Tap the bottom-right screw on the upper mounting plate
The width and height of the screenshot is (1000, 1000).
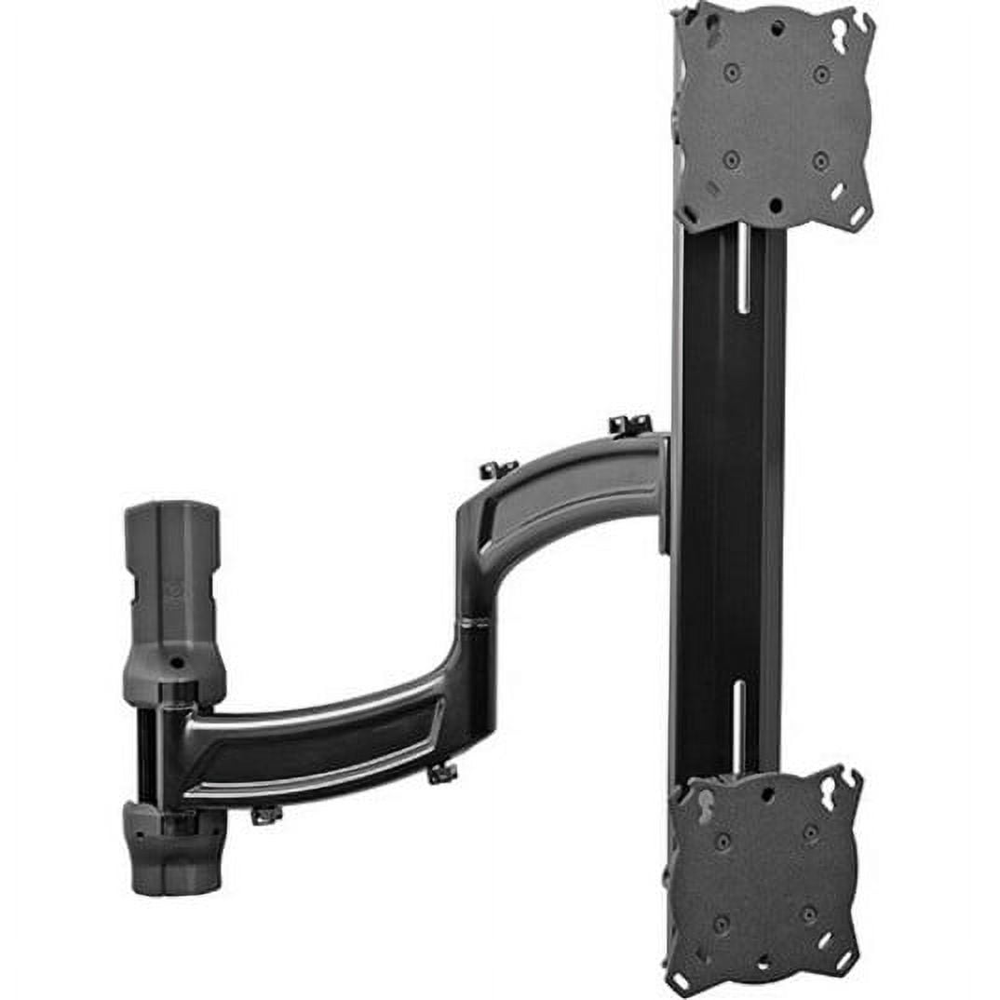click(x=820, y=159)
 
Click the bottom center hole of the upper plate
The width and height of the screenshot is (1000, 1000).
click(x=774, y=204)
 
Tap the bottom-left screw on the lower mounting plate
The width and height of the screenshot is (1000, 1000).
click(x=721, y=925)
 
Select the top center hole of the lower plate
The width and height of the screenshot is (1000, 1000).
click(x=767, y=794)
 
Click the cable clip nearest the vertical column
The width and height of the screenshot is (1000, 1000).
click(x=629, y=426)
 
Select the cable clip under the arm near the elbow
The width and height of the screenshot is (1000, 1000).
click(x=442, y=772)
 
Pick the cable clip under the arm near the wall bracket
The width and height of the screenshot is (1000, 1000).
click(x=266, y=815)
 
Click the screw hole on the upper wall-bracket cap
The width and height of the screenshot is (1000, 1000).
click(x=176, y=662)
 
